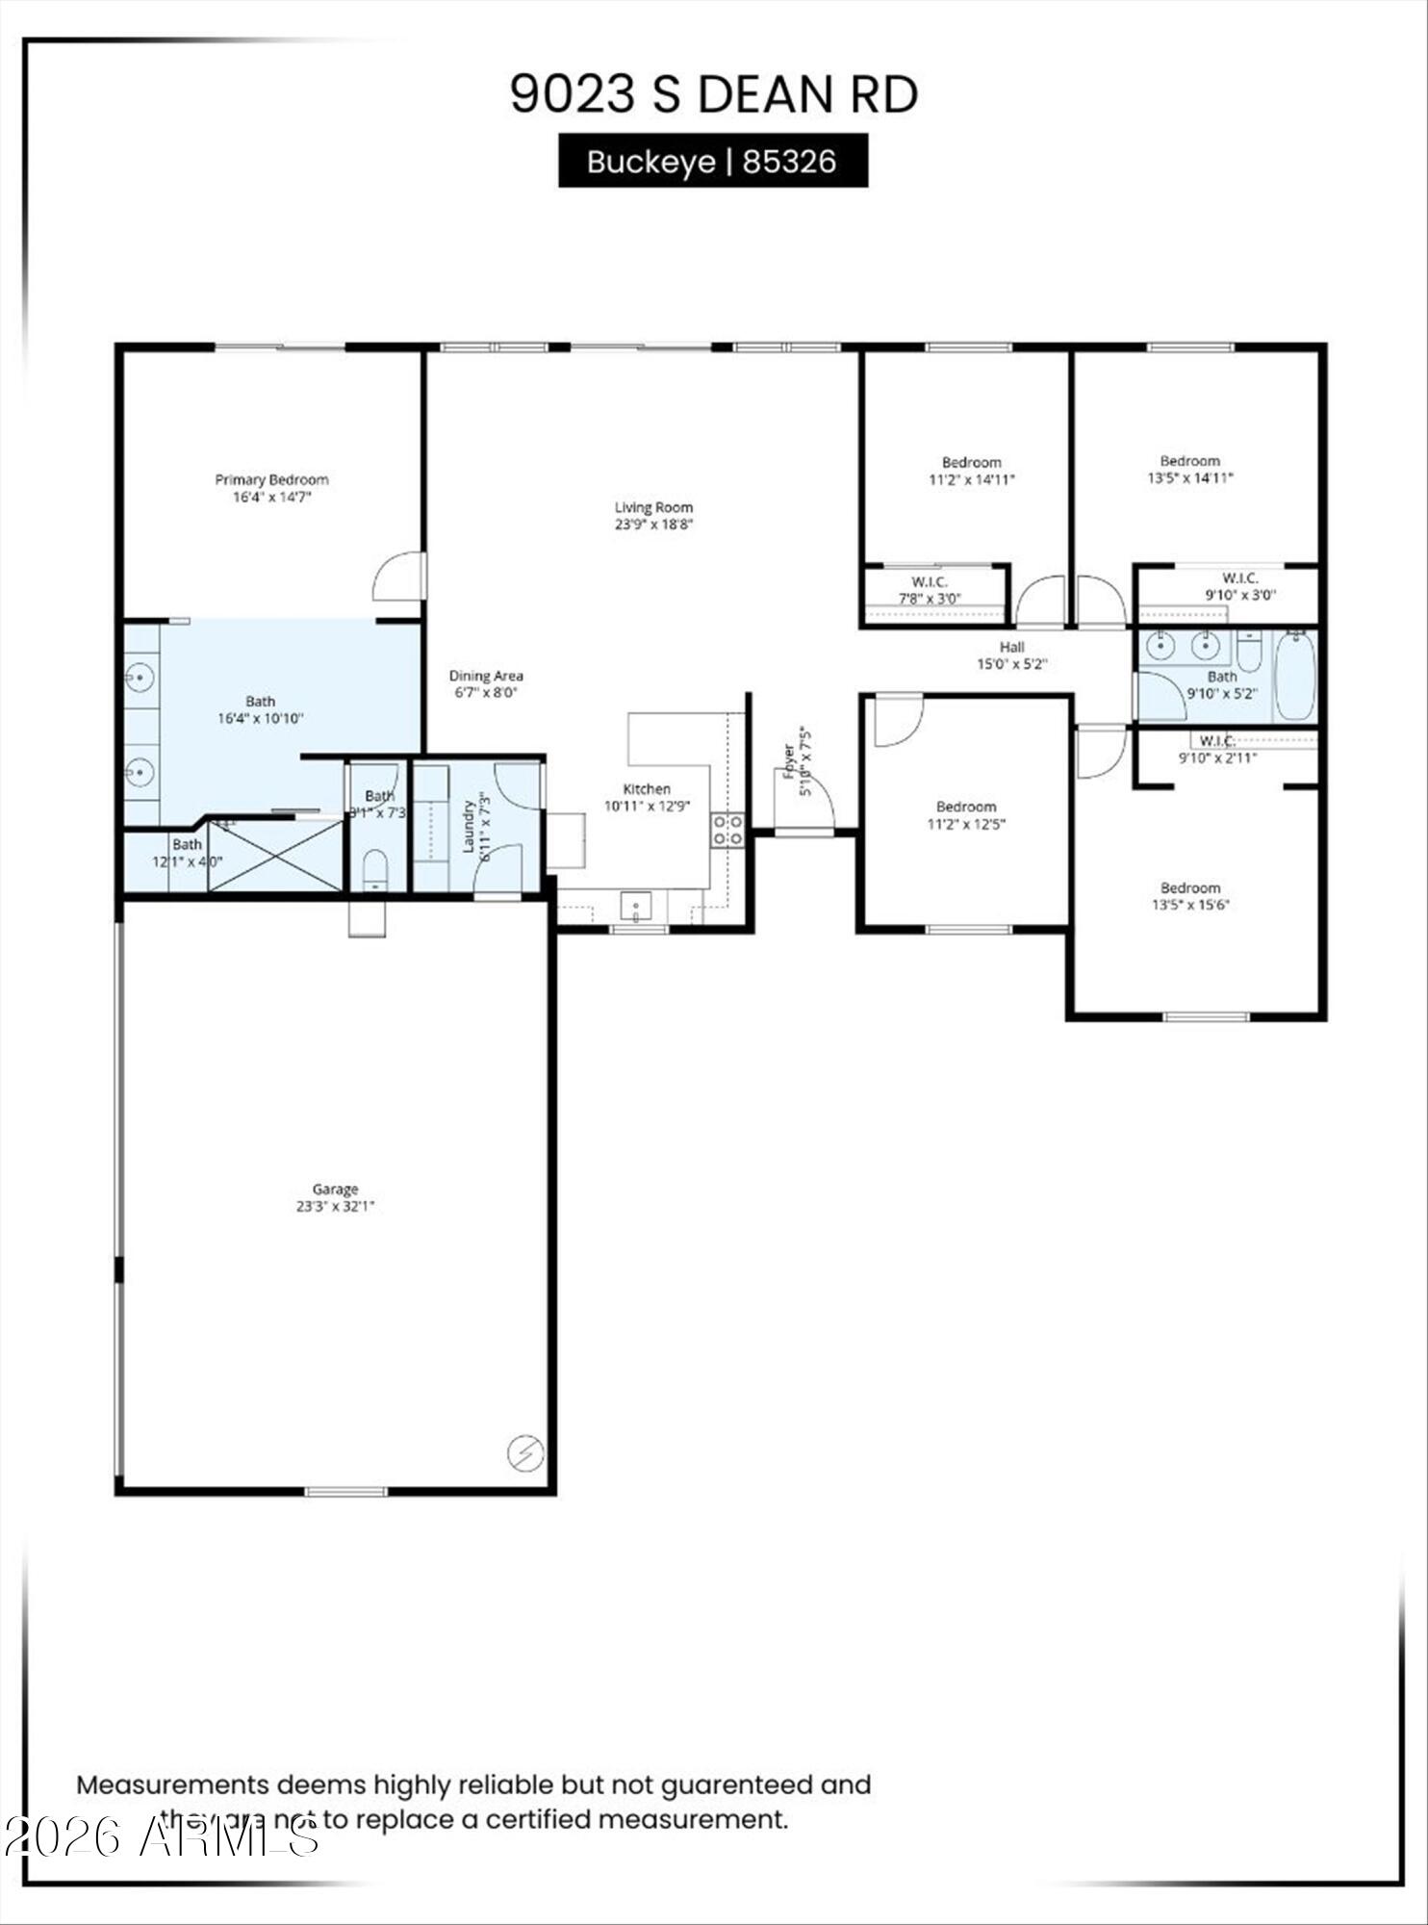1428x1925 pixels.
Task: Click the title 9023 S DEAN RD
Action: (x=713, y=94)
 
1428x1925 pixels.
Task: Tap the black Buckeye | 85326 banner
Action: (x=713, y=161)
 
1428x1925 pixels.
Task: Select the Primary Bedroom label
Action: (x=271, y=479)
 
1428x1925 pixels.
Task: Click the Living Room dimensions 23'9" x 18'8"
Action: (x=654, y=525)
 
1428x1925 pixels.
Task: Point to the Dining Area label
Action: (x=486, y=676)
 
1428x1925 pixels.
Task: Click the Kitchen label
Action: (x=647, y=789)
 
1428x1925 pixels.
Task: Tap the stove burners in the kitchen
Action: (x=727, y=830)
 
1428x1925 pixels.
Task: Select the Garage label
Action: (x=335, y=1190)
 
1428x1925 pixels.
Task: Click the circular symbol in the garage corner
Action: (x=525, y=1453)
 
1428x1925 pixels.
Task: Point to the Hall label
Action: (x=1011, y=648)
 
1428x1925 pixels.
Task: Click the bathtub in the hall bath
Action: (x=1295, y=677)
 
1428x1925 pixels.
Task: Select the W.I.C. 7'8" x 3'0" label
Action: (x=930, y=590)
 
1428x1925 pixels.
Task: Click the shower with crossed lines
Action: (x=275, y=856)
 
